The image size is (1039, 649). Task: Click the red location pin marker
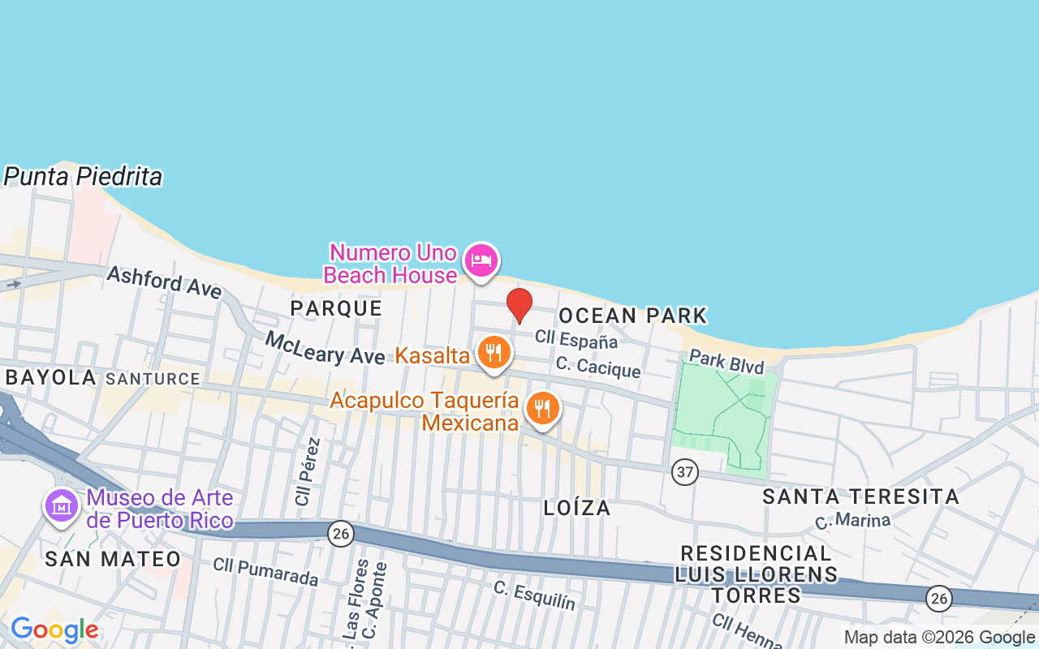pos(519,306)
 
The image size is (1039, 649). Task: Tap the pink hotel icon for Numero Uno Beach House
pos(481,261)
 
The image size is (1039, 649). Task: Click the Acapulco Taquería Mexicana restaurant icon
pos(543,409)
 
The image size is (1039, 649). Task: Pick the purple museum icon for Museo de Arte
pos(62,506)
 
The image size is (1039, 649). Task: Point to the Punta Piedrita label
pos(83,177)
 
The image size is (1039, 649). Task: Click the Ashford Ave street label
pos(164,282)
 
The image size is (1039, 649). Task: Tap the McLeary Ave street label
pos(325,348)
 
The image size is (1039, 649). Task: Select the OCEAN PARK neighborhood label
pos(633,315)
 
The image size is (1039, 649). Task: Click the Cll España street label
pos(576,340)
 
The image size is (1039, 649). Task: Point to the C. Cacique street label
pos(598,367)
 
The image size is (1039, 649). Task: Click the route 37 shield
pos(685,471)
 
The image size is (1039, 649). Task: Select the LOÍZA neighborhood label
pos(577,508)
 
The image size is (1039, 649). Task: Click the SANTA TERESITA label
pos(860,496)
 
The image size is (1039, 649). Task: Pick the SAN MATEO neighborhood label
pos(113,558)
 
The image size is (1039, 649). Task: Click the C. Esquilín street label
pos(534,596)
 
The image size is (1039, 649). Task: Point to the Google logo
pos(54,630)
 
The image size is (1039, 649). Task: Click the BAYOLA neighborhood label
pos(50,377)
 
